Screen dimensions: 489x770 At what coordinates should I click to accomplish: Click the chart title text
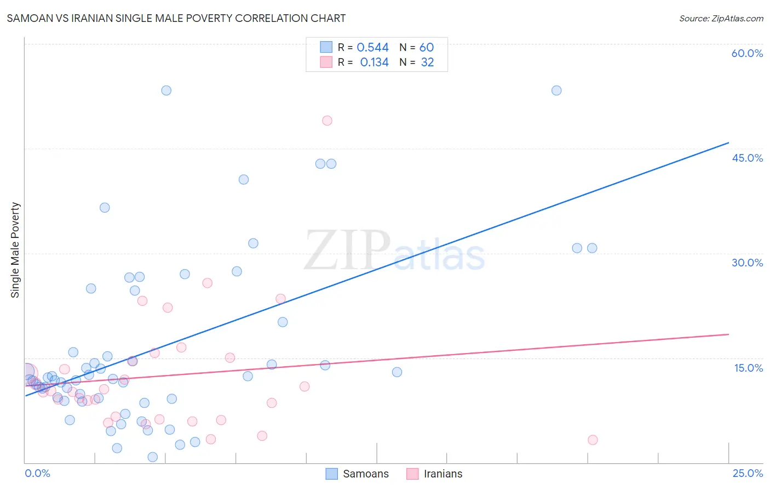[176, 18]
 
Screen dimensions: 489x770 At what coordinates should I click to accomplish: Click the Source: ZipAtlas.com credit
[721, 18]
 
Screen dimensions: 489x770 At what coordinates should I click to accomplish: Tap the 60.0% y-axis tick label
[747, 53]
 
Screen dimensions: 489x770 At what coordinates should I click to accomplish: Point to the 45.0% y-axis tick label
[747, 158]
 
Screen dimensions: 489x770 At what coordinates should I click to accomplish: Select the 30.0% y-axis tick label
[747, 263]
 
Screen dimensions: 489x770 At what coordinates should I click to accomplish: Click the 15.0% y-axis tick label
[748, 367]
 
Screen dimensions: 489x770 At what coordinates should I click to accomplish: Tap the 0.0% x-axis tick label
[37, 473]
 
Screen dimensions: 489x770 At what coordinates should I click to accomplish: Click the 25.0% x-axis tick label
[748, 473]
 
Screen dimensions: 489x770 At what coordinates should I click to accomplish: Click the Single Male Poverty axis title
[15, 250]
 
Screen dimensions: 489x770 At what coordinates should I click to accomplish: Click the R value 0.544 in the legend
[372, 48]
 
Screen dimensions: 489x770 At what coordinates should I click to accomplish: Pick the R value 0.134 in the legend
[374, 62]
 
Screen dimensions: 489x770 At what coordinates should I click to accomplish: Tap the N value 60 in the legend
[426, 48]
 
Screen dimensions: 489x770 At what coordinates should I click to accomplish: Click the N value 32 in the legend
[427, 62]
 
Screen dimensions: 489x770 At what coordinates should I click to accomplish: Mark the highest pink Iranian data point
[327, 121]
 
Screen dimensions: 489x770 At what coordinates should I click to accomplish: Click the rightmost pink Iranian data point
[593, 440]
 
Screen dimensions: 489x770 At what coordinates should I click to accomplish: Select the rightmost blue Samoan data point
[592, 248]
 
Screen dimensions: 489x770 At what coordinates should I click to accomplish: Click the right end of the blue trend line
[728, 143]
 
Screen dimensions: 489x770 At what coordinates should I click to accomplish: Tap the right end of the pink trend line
[728, 334]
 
